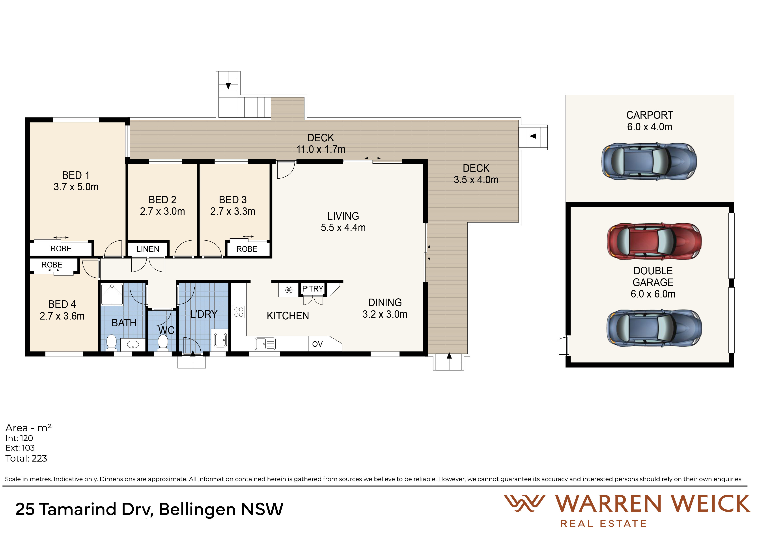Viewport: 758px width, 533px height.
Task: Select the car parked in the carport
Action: pyautogui.click(x=649, y=161)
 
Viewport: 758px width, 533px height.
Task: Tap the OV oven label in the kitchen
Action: pyautogui.click(x=317, y=344)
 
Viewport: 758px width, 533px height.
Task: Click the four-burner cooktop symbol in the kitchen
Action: pyautogui.click(x=239, y=312)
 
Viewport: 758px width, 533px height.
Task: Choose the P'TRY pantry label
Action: pyautogui.click(x=313, y=289)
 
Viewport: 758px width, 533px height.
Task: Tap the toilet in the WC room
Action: pyautogui.click(x=163, y=342)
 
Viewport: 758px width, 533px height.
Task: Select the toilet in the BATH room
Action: pyautogui.click(x=111, y=342)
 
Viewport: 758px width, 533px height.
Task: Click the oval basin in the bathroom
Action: pyautogui.click(x=133, y=344)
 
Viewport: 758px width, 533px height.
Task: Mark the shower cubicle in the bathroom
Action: pyautogui.click(x=112, y=294)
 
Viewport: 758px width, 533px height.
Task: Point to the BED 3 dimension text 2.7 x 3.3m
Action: pyautogui.click(x=233, y=211)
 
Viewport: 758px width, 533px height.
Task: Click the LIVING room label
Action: pyautogui.click(x=343, y=216)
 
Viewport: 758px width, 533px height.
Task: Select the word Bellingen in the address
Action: pyautogui.click(x=197, y=509)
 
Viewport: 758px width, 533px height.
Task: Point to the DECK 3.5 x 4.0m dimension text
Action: pyautogui.click(x=476, y=180)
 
